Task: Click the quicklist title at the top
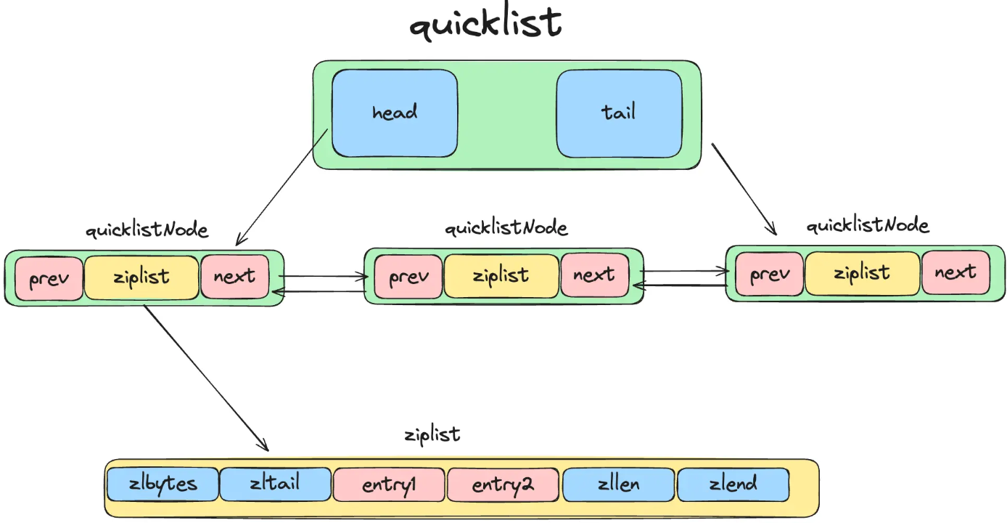pos(485,25)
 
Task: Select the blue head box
pos(395,113)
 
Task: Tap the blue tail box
pos(618,113)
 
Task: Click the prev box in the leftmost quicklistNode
pos(49,278)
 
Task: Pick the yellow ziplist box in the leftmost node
pos(141,277)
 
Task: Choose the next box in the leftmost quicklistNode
pos(234,277)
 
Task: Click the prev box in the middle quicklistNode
pos(409,277)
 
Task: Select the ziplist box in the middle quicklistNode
pos(501,276)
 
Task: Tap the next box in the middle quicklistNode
pos(593,275)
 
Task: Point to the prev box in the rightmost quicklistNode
pos(770,274)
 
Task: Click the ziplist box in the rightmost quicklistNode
pos(862,273)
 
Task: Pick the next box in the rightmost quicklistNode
pos(955,272)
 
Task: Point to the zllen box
pos(618,485)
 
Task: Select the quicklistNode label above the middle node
pos(506,228)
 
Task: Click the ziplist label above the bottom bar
pos(432,435)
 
